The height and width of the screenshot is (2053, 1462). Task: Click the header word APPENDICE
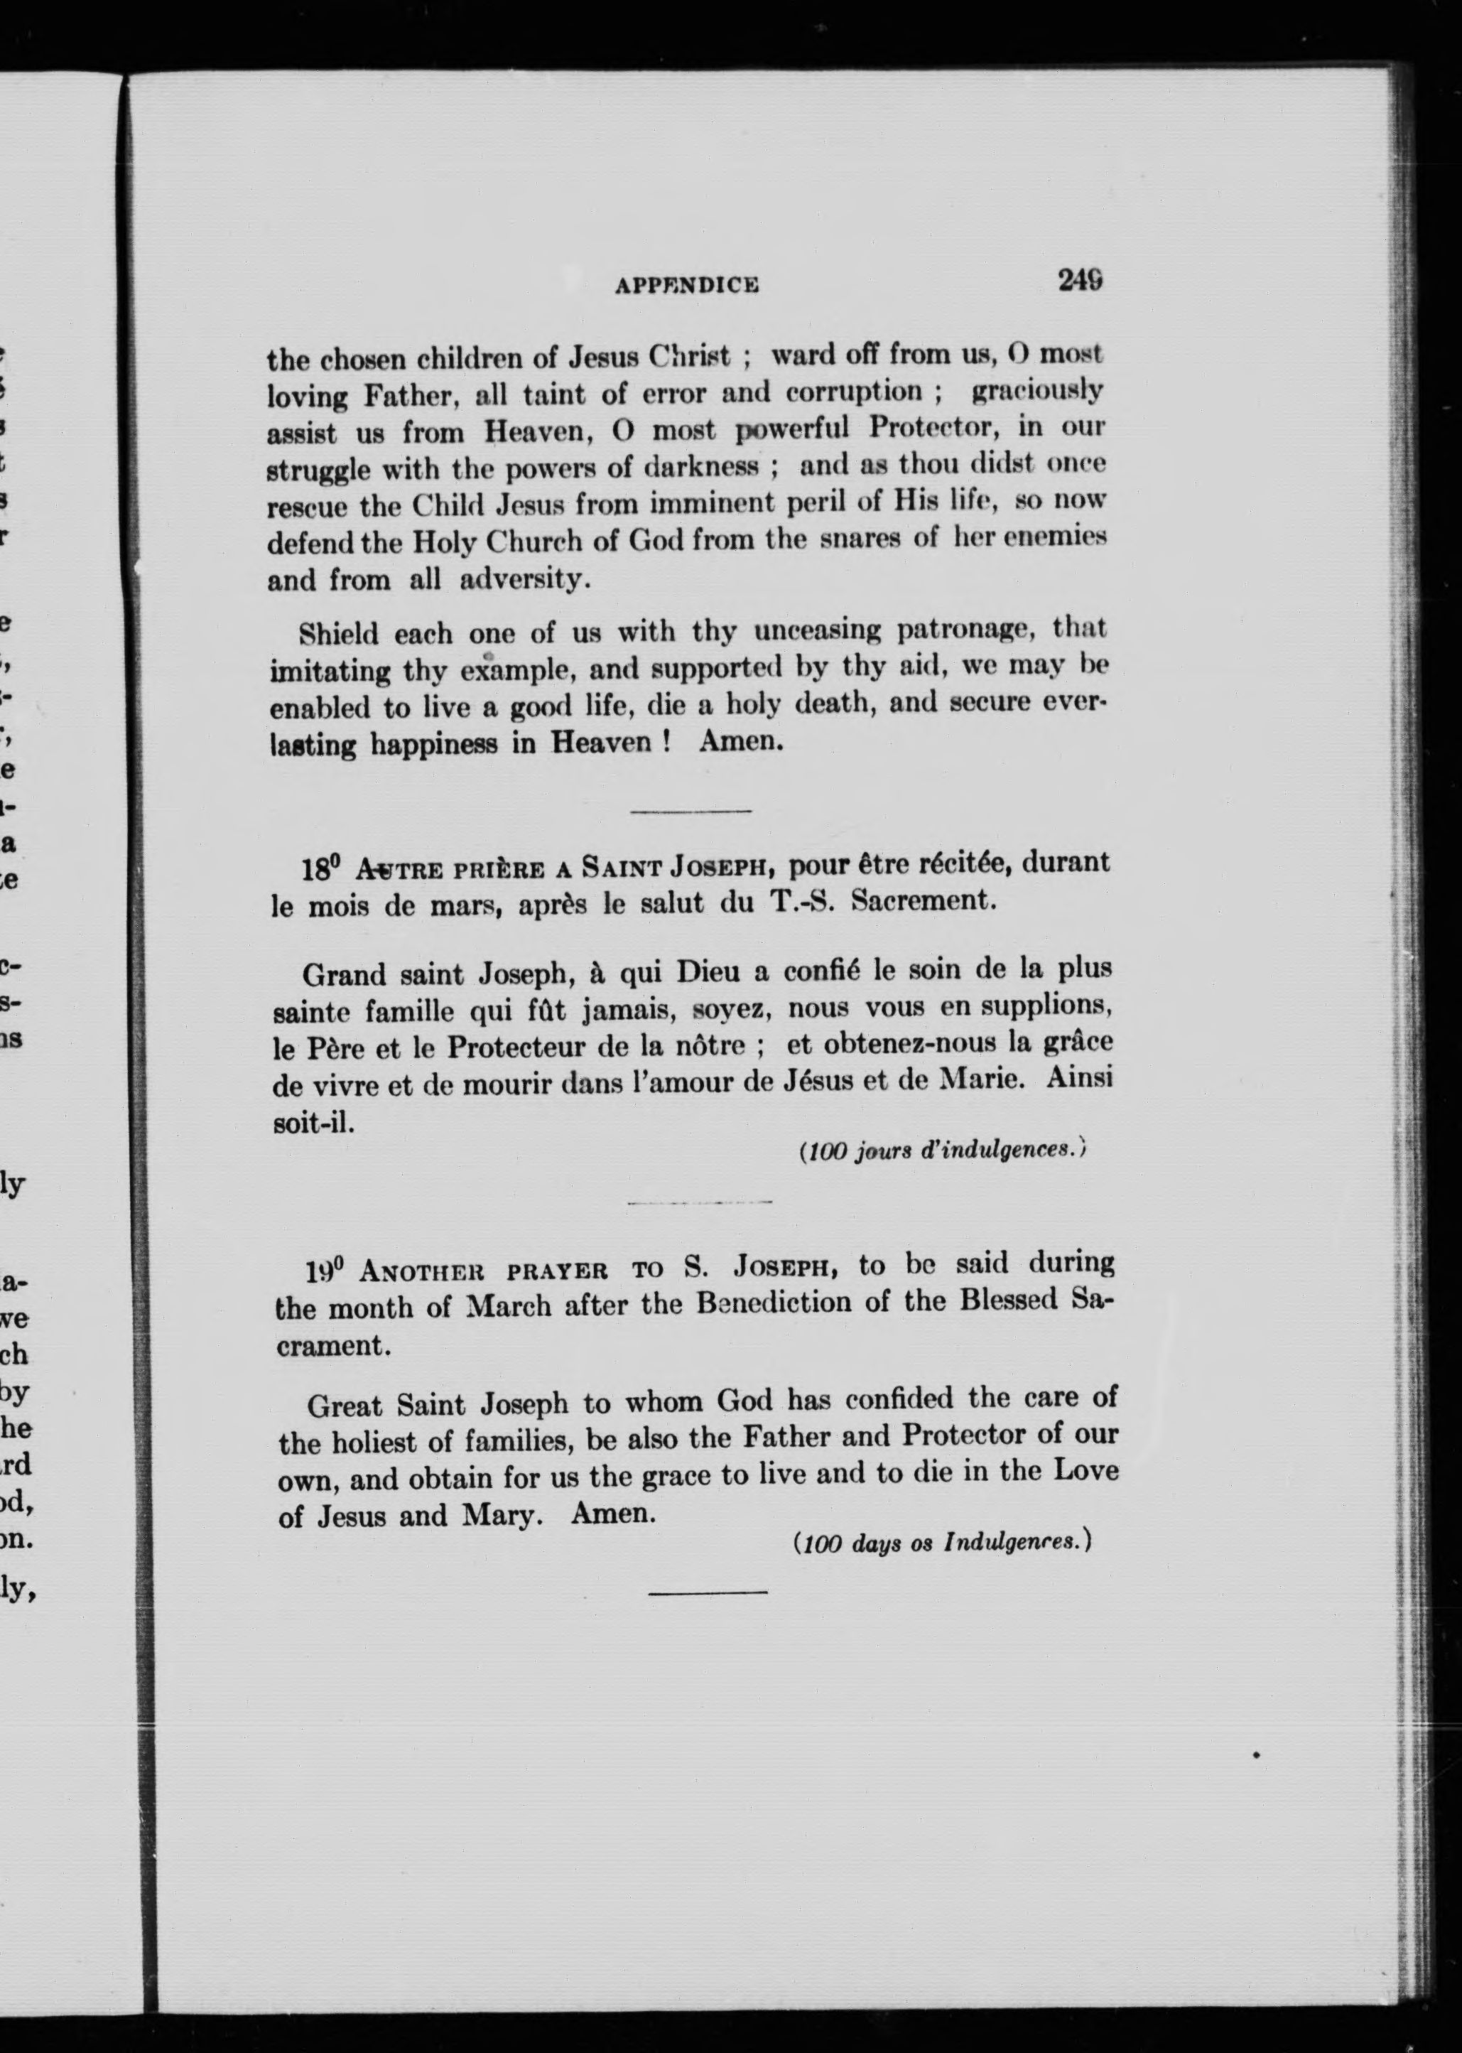pyautogui.click(x=687, y=286)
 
